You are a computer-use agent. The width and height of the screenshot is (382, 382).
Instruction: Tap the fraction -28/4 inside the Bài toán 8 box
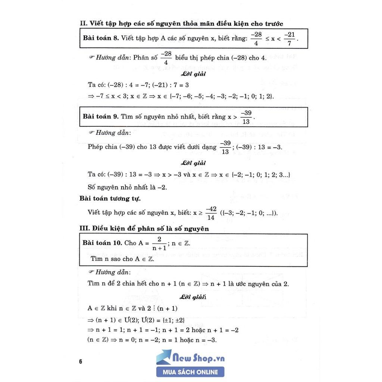click(256, 38)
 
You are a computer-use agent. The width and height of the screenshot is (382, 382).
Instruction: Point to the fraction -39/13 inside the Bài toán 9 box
click(246, 117)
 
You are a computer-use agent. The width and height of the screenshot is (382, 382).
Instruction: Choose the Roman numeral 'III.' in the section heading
click(85, 228)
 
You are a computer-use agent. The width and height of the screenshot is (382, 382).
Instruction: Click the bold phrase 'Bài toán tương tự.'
click(110, 198)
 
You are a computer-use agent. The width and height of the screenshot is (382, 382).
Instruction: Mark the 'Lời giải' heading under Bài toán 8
click(194, 74)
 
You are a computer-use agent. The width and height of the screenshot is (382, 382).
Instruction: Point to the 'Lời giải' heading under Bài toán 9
click(193, 163)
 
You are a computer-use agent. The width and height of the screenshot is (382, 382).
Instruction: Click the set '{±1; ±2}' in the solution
click(171, 320)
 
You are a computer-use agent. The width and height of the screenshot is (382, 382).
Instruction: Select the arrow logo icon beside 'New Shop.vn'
click(164, 357)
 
